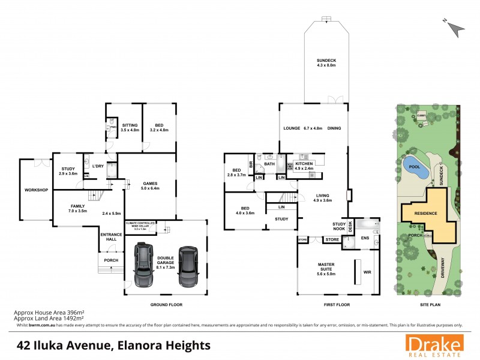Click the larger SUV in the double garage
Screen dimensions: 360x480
[145, 265]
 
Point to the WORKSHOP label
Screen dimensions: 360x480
[36, 190]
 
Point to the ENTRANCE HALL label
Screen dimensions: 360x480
[111, 236]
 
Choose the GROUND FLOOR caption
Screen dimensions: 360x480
[166, 305]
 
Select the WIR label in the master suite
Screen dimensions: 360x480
[367, 271]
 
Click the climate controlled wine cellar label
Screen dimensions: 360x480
[140, 224]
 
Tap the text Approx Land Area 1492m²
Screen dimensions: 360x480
[49, 319]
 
